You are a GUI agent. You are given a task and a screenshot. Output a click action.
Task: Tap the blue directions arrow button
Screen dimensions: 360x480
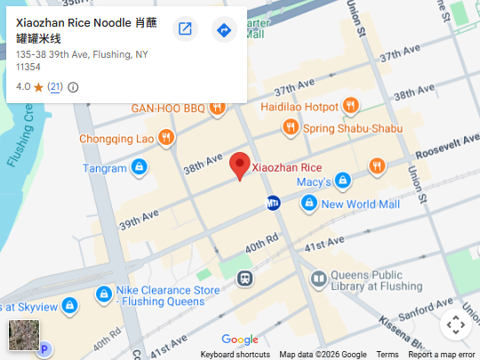point(224,30)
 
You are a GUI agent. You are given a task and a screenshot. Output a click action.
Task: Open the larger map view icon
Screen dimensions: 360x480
point(185,30)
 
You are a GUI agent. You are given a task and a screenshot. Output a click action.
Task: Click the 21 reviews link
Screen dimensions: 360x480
point(55,87)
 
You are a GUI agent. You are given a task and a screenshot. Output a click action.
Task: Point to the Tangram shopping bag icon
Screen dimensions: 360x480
point(139,167)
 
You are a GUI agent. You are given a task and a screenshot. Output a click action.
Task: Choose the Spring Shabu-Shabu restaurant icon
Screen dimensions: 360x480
point(289,128)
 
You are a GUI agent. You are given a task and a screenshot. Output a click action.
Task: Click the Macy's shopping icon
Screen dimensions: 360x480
point(343,182)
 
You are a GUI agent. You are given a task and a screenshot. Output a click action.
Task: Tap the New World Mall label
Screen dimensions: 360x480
point(361,204)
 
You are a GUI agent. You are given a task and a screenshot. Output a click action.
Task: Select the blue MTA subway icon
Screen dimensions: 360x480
point(275,204)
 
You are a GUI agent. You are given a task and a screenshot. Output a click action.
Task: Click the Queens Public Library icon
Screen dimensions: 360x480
point(318,280)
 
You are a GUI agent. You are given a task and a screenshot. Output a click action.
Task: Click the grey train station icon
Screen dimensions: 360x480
point(244,278)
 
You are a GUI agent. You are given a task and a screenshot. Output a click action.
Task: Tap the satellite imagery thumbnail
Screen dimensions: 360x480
point(23,334)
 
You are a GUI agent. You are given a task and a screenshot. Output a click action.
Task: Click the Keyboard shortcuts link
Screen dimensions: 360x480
point(235,355)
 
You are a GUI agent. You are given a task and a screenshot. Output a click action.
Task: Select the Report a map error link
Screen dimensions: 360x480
point(442,355)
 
